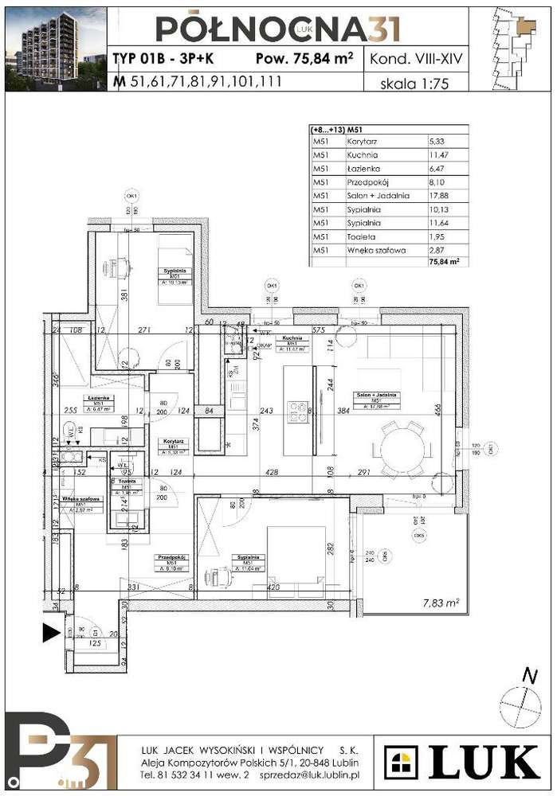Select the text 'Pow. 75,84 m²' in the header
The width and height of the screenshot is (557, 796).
tap(305, 59)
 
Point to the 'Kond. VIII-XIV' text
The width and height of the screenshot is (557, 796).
tap(414, 59)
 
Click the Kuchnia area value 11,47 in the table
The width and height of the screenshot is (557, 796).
tap(440, 154)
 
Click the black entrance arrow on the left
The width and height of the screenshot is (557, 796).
tap(51, 634)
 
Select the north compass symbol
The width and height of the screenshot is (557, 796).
tap(520, 705)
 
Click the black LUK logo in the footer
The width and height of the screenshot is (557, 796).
tap(462, 763)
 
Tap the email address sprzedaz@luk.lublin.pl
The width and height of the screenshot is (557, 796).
tap(314, 774)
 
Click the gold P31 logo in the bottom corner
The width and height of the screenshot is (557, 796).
tap(53, 753)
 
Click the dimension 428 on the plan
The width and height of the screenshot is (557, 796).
tap(273, 472)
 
